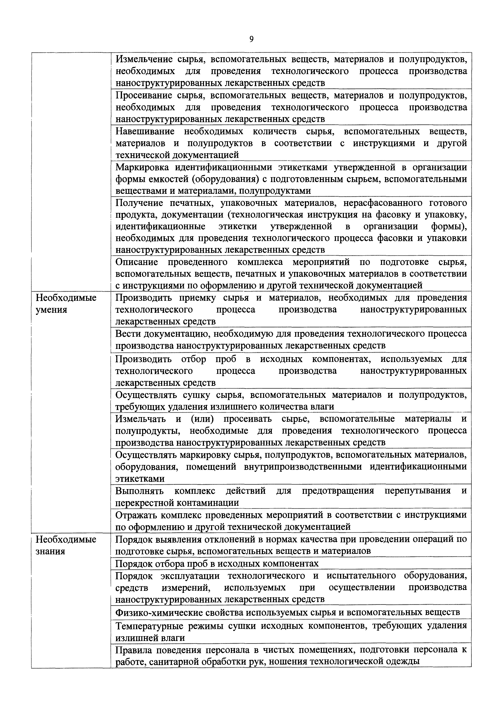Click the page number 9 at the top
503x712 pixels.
[x=251, y=39]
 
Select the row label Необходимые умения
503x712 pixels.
[x=66, y=304]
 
